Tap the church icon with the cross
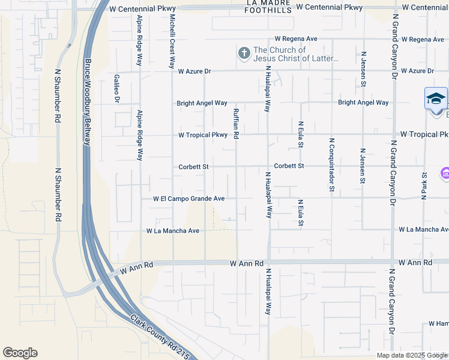pos(244,54)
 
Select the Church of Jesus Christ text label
pos(296,54)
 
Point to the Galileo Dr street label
pos(117,88)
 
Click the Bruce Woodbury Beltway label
pos(87,102)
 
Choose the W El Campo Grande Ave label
pos(188,198)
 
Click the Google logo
pos(20,353)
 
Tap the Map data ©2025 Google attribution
pos(412,355)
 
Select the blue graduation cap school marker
pos(436,98)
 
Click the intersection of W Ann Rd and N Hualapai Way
pos(268,263)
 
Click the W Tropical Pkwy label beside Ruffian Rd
pos(203,135)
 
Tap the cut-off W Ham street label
pos(438,323)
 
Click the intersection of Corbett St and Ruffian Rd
pos(237,166)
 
